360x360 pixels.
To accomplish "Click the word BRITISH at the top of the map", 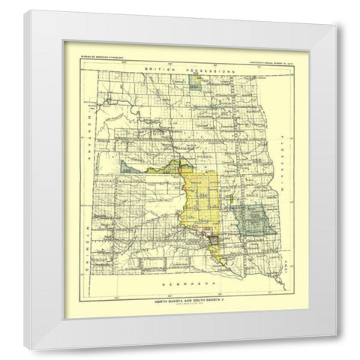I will [x=152, y=70].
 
